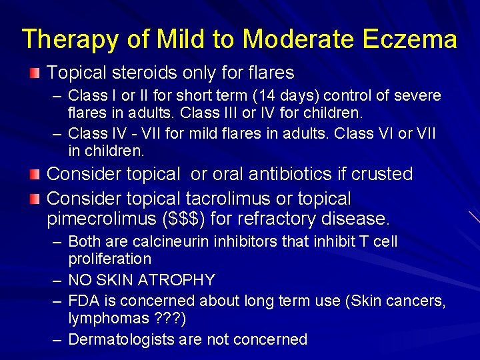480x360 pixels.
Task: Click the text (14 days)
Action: (288, 95)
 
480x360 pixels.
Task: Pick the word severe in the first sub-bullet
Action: (419, 95)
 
